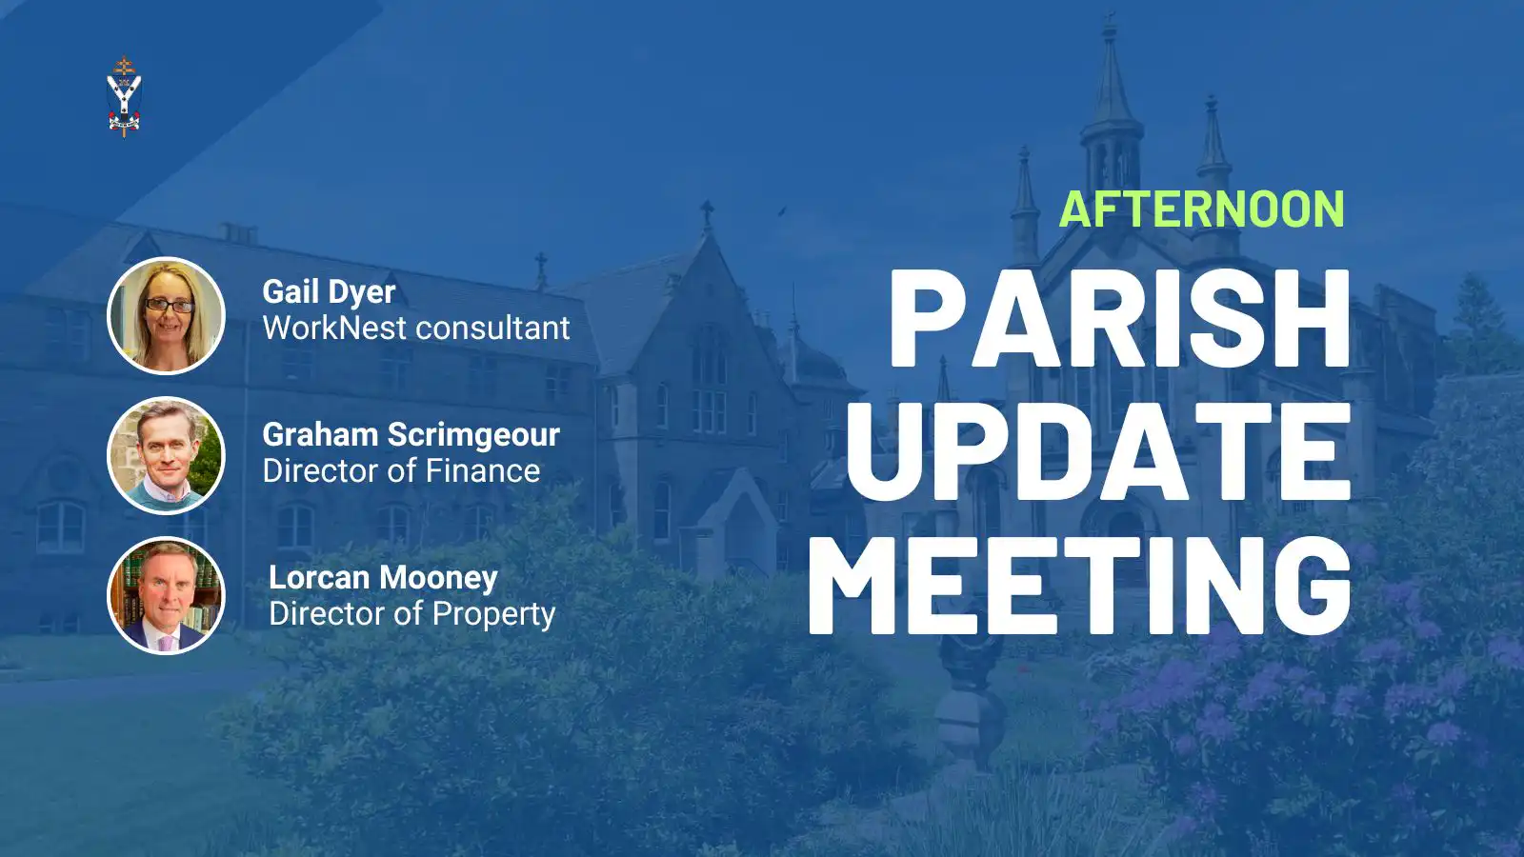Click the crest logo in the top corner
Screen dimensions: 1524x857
[124, 97]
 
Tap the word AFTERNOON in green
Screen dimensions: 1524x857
[1201, 209]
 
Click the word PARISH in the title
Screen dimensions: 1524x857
[1119, 318]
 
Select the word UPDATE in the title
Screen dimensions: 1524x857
[1097, 451]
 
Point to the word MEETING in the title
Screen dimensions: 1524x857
[1080, 585]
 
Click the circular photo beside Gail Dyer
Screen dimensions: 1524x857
[166, 315]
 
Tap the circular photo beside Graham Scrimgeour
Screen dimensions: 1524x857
[166, 455]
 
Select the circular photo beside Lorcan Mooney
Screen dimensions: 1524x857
[166, 595]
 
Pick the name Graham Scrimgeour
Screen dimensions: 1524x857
[411, 435]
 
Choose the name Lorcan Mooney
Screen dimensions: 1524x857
[383, 578]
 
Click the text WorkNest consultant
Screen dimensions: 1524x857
[416, 328]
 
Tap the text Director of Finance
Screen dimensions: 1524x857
[401, 470]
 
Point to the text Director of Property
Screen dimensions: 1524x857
[412, 614]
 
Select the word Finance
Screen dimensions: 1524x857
[484, 470]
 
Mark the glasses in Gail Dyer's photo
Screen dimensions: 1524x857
[169, 306]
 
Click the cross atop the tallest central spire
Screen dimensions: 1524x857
[1110, 23]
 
